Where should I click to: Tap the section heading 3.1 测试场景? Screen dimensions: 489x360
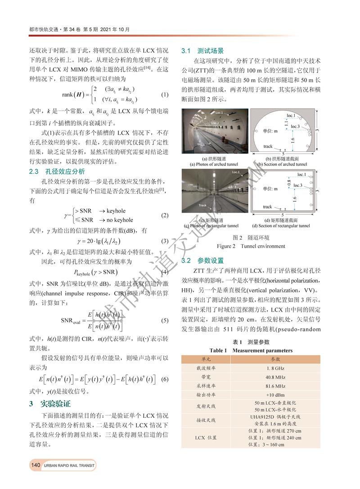[202, 51]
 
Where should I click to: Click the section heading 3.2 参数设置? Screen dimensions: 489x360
[202, 261]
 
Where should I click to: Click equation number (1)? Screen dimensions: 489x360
[164, 95]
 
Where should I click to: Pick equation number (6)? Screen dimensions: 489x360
[164, 379]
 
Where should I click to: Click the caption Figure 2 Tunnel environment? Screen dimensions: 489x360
[251, 246]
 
